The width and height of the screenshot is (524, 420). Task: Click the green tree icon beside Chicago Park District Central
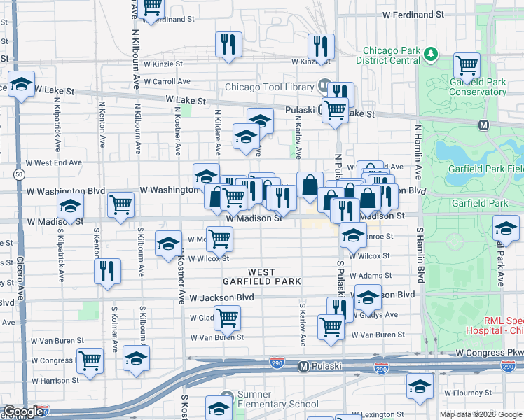click(x=432, y=53)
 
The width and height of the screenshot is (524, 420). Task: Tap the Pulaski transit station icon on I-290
click(x=303, y=365)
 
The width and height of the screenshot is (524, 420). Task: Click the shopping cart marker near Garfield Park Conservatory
click(x=467, y=66)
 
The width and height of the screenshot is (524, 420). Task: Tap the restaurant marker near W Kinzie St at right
click(x=321, y=47)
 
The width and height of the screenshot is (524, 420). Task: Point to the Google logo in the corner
click(x=24, y=412)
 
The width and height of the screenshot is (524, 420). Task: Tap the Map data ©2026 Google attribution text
click(x=481, y=414)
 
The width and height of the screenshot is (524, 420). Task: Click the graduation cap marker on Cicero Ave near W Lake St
click(x=22, y=85)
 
